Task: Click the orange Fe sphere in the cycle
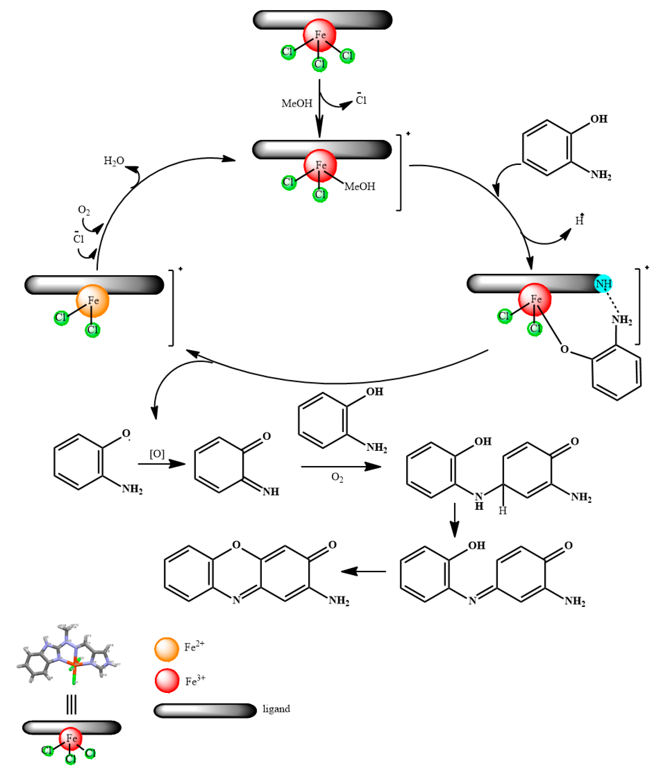pyautogui.click(x=93, y=301)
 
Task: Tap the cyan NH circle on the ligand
pyautogui.click(x=603, y=284)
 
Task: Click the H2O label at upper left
pyautogui.click(x=114, y=161)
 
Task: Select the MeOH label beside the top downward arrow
pyautogui.click(x=297, y=103)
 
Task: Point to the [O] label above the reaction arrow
pyautogui.click(x=157, y=454)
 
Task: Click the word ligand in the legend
pyautogui.click(x=276, y=709)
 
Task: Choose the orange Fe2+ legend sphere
pyautogui.click(x=166, y=650)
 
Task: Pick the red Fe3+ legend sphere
pyautogui.click(x=167, y=681)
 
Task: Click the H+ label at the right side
pyautogui.click(x=580, y=220)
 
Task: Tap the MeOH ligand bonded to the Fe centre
pyautogui.click(x=360, y=186)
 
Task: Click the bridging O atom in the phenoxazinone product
pyautogui.click(x=236, y=545)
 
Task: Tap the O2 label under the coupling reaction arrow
pyautogui.click(x=337, y=477)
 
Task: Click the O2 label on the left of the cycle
pyautogui.click(x=83, y=210)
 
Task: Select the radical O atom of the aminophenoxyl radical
pyautogui.click(x=126, y=433)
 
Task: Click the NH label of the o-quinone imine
pyautogui.click(x=271, y=492)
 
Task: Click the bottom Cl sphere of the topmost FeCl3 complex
pyautogui.click(x=320, y=64)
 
